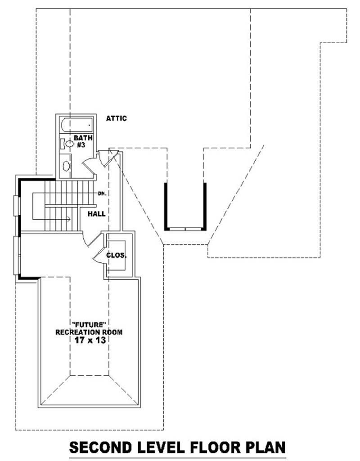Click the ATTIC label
(117, 118)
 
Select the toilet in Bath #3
(69, 144)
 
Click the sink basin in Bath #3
(66, 166)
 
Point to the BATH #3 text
(83, 141)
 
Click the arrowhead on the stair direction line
(67, 219)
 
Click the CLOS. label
(117, 255)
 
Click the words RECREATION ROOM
(88, 332)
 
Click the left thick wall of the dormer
(166, 205)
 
